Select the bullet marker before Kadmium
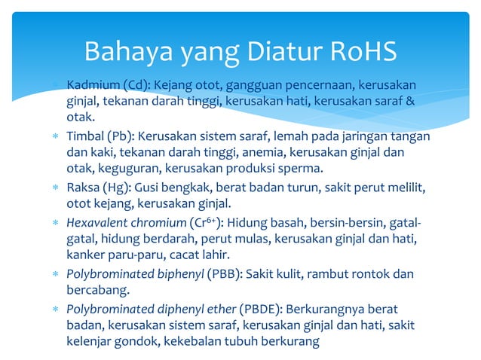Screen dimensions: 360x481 [54, 84]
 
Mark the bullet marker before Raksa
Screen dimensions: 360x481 [54, 188]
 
